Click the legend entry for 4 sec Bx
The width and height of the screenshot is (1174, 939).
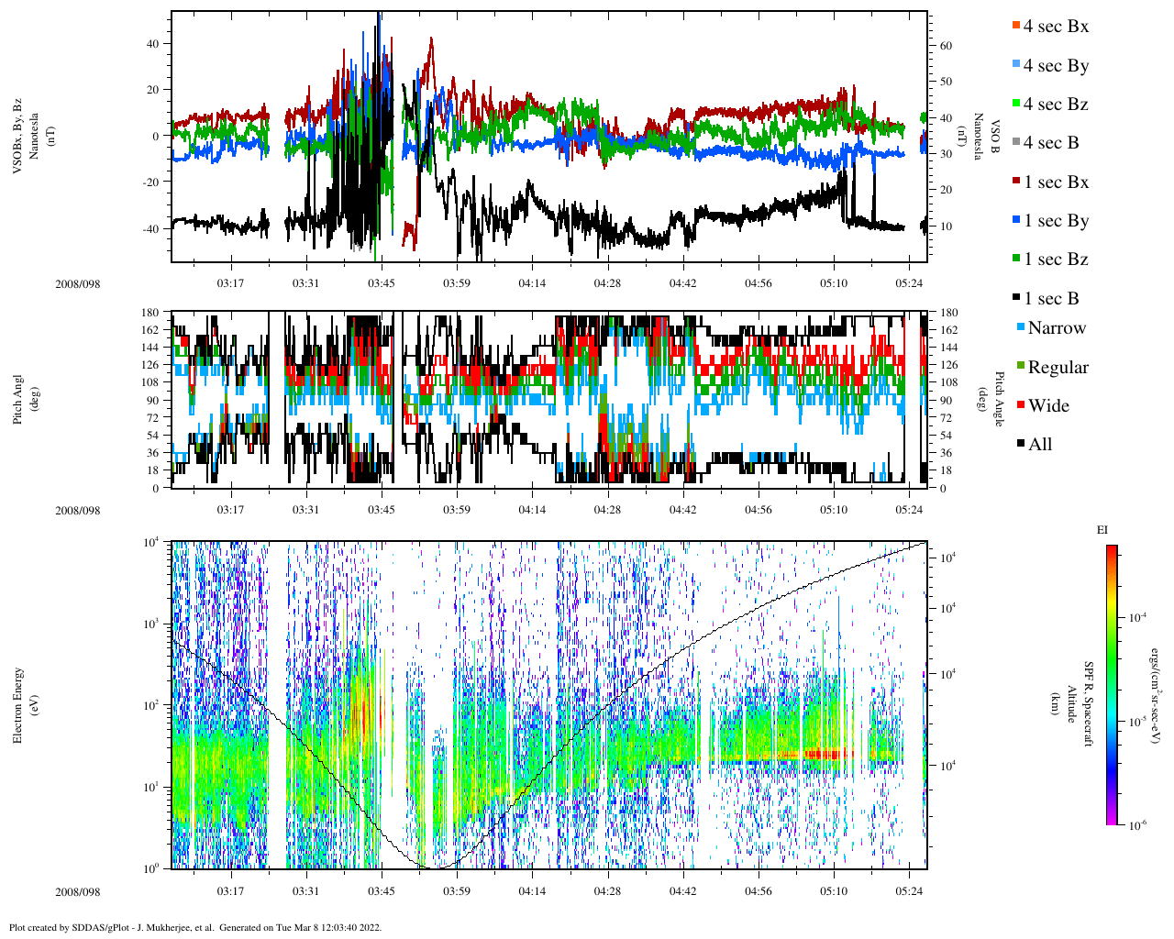[1055, 27]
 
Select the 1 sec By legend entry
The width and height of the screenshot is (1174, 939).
[1055, 221]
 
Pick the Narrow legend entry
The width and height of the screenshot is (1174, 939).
[1056, 328]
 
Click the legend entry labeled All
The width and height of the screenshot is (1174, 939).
[1039, 445]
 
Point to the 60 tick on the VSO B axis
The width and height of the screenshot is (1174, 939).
[946, 46]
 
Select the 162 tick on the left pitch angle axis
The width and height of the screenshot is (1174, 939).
[150, 330]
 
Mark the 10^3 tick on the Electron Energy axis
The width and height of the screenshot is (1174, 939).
[151, 624]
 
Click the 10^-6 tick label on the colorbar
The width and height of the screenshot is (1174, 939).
[1137, 825]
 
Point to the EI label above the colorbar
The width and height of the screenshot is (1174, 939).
[1102, 530]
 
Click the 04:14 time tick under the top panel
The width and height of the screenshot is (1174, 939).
[532, 283]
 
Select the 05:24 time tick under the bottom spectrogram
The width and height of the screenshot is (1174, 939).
[909, 891]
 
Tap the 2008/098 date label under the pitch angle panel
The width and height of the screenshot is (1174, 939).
[77, 511]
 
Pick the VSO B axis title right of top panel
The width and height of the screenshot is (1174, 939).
[987, 138]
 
